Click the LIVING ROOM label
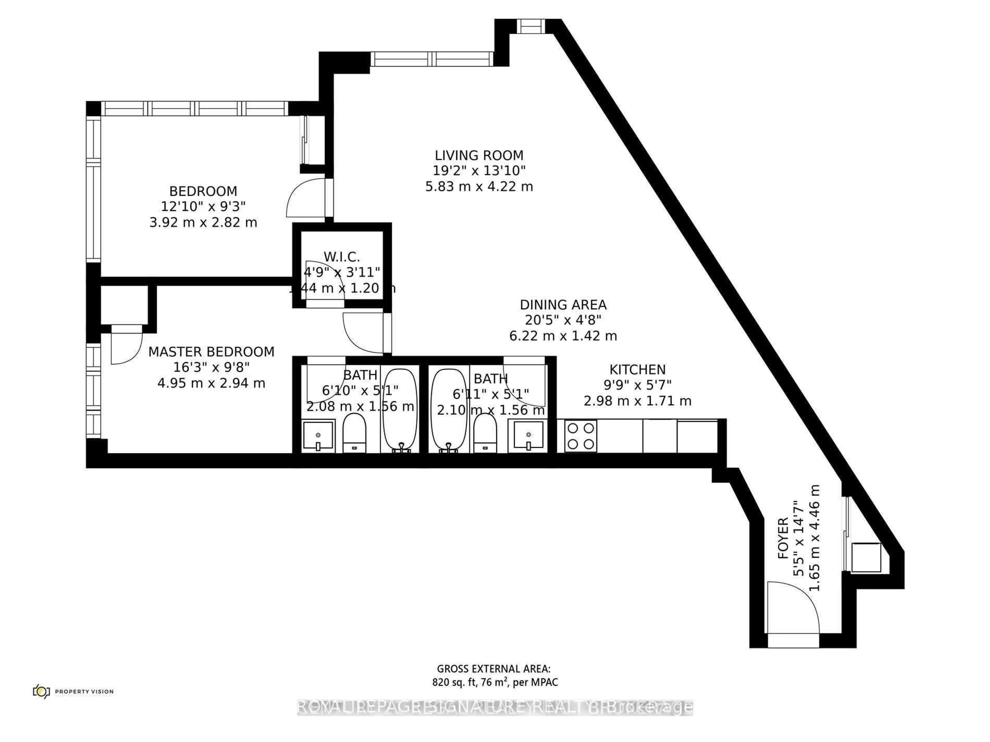click(x=479, y=155)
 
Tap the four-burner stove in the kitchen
click(x=581, y=436)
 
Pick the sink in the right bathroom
click(x=529, y=435)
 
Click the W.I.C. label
click(x=342, y=257)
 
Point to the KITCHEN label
click(x=637, y=369)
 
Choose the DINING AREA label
click(x=563, y=305)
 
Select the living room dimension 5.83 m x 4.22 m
click(x=479, y=187)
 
